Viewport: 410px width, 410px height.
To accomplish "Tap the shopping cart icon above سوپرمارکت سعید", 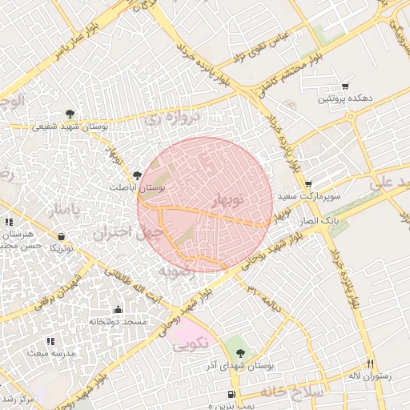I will pyautogui.click(x=308, y=183).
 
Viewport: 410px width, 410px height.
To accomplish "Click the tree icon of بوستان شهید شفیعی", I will pyautogui.click(x=70, y=114).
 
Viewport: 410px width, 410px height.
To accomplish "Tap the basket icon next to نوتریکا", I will pyautogui.click(x=62, y=236).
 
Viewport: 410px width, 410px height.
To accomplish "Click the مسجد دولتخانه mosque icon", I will pyautogui.click(x=118, y=310).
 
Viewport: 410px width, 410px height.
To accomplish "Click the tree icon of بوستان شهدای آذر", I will pyautogui.click(x=242, y=353).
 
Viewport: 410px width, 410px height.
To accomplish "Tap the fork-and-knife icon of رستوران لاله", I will pyautogui.click(x=370, y=363).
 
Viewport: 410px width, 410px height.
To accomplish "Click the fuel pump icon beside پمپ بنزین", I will pyautogui.click(x=231, y=394).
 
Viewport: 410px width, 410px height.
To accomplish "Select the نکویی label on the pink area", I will pyautogui.click(x=191, y=345).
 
